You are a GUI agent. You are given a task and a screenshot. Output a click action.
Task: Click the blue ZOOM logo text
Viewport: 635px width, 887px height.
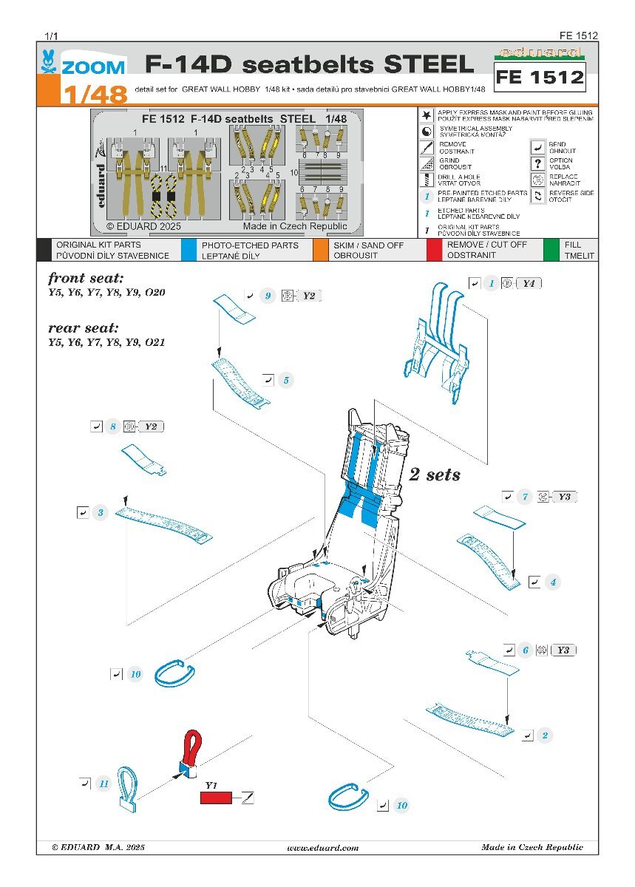tap(92, 67)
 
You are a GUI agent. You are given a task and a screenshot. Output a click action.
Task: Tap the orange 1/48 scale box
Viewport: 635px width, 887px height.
tap(86, 94)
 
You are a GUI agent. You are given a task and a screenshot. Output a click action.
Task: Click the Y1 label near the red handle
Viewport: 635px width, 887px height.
tap(211, 784)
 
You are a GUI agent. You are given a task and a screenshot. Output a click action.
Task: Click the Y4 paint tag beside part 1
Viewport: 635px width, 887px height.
tap(528, 283)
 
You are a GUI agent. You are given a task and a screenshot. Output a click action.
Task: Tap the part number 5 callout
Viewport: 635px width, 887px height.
tap(286, 381)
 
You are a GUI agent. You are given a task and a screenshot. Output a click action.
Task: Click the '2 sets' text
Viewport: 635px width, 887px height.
tap(435, 475)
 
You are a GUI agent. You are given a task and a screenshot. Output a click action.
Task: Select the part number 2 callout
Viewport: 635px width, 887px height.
tap(545, 735)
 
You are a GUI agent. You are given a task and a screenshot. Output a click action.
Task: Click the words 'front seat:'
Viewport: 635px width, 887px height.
tap(86, 279)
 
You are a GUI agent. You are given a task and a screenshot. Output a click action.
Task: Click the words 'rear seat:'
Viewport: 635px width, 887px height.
tap(84, 327)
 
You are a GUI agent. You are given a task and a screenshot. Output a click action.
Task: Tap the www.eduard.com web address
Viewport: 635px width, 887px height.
tap(322, 848)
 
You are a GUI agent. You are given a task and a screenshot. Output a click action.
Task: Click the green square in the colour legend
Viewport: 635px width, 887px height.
tap(551, 249)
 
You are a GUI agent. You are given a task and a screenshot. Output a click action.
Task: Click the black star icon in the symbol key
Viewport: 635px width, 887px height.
tap(427, 116)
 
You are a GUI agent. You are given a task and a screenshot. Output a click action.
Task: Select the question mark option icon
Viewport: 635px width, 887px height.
tap(537, 163)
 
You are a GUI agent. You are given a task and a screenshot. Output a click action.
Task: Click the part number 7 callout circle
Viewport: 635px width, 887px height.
tap(526, 497)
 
